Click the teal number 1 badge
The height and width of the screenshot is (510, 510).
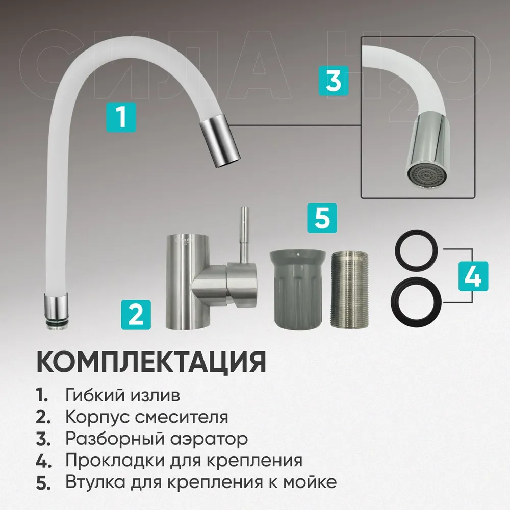tap(121, 117)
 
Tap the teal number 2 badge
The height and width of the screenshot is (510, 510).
tap(136, 315)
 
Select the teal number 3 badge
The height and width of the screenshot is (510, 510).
tap(334, 81)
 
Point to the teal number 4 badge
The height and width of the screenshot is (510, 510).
tap(473, 276)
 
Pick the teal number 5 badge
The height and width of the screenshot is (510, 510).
tap(322, 218)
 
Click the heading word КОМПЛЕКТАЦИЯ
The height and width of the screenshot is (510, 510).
tap(151, 362)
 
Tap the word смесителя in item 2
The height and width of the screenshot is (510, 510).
tap(182, 417)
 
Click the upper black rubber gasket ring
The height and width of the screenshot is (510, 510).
tap(416, 251)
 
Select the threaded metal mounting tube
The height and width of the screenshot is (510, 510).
tap(350, 289)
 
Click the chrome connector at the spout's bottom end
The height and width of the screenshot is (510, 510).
tap(57, 310)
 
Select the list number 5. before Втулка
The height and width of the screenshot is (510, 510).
tap(43, 483)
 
